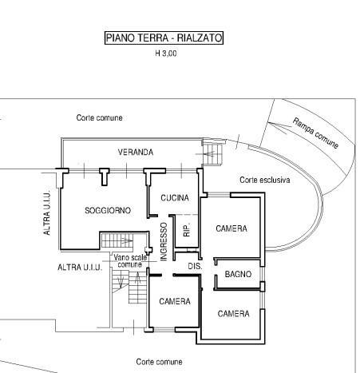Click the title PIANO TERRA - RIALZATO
point(164,38)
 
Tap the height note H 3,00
point(166,54)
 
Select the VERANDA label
point(136,153)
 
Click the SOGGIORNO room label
point(108,210)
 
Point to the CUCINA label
point(175,198)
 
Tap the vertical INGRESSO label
point(164,241)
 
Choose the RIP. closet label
point(187,230)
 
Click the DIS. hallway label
point(195,266)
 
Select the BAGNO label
point(238,274)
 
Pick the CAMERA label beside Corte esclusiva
point(231,228)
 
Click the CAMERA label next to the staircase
point(175,301)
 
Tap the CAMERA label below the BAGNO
point(233,314)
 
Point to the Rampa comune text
point(315,133)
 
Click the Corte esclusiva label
point(265,180)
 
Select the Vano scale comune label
point(130,261)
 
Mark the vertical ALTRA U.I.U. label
point(46,214)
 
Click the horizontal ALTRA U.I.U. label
point(80,268)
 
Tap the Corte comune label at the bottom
point(159,362)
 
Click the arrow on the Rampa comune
point(277,128)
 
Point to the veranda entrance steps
point(212,155)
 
